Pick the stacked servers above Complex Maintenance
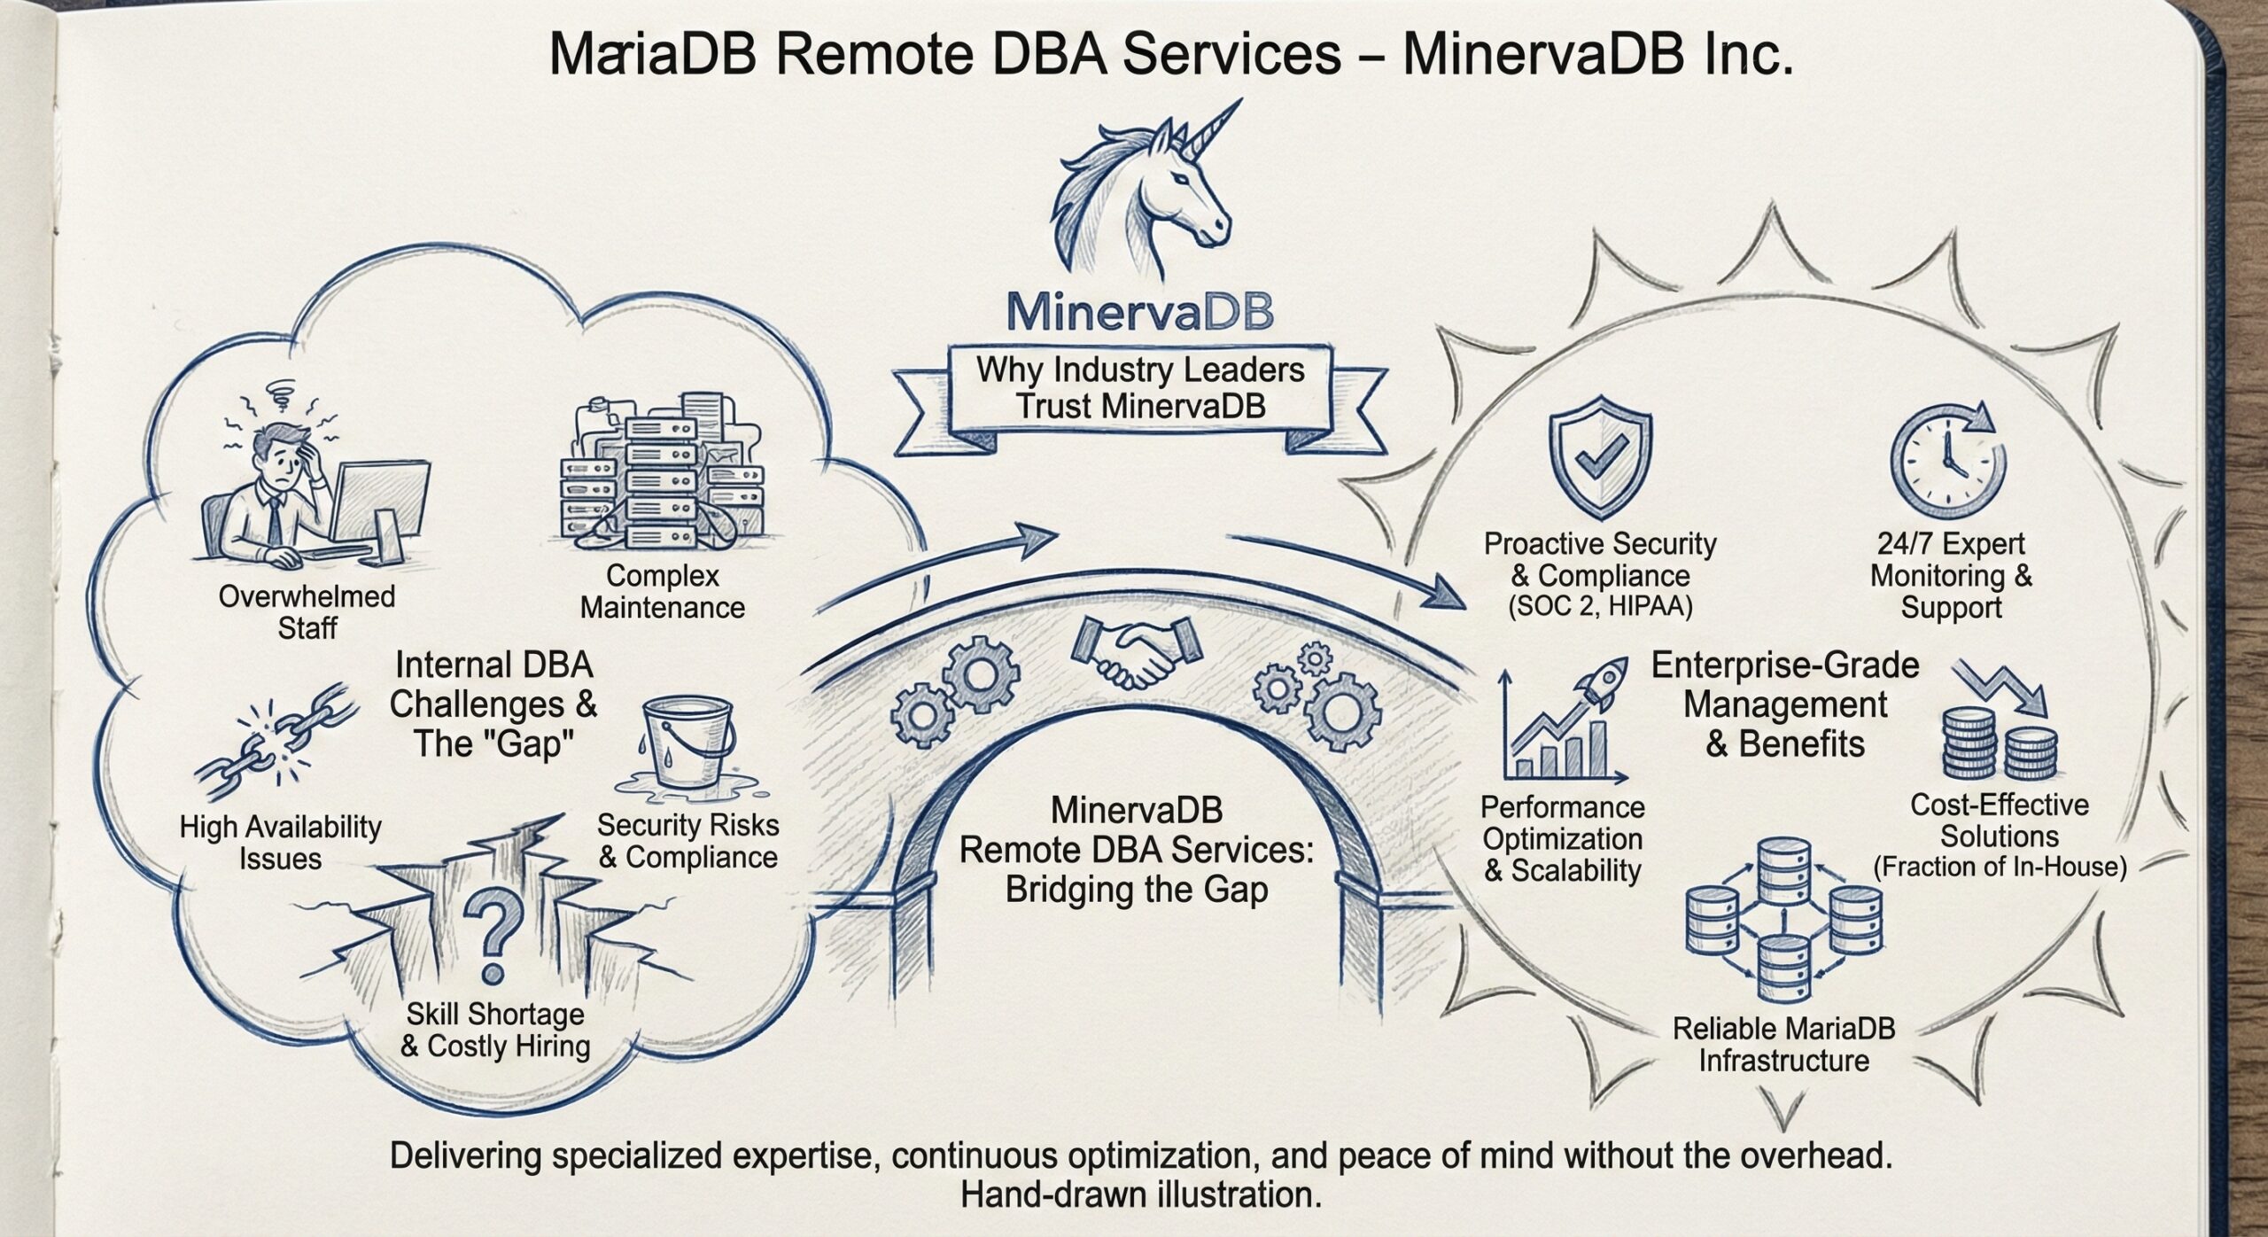coord(660,474)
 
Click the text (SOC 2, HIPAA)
coord(1600,607)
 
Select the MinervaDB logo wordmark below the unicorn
coord(1140,313)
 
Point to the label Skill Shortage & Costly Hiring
coord(494,1031)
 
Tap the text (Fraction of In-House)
coord(2000,867)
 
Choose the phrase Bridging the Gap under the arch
coord(1137,889)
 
